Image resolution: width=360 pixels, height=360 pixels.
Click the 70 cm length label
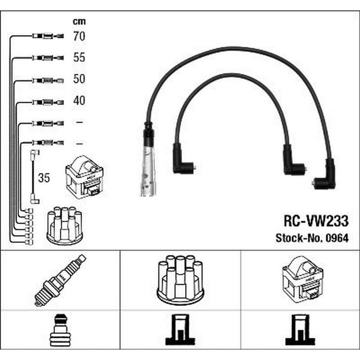(79, 36)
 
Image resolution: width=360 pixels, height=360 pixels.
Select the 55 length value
(79, 57)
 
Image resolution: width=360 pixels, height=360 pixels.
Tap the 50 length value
(79, 79)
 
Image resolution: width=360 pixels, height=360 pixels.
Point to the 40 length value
(79, 100)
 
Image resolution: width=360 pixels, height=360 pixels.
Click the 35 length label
(44, 178)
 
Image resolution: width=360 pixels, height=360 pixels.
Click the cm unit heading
(79, 21)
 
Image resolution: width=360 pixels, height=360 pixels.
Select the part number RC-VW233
(316, 221)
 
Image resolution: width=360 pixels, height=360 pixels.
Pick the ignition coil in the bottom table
(303, 280)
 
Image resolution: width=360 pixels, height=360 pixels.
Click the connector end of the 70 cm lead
(48, 36)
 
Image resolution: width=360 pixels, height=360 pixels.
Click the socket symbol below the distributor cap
(180, 330)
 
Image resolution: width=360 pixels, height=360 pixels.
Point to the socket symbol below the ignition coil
(300, 330)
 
